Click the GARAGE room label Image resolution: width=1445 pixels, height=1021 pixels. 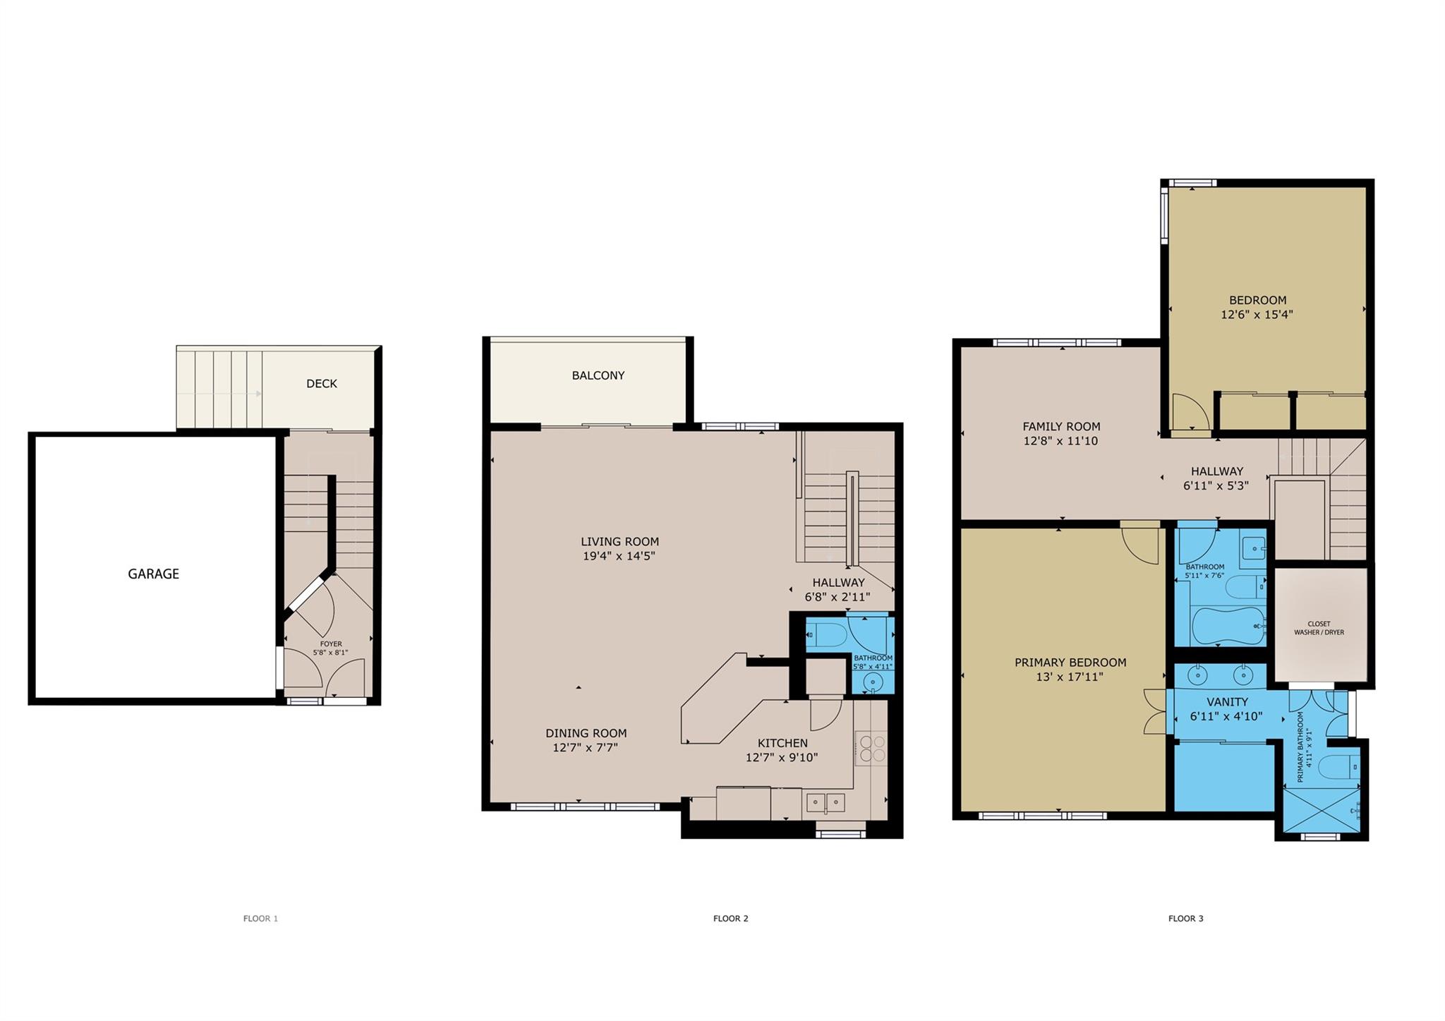click(153, 574)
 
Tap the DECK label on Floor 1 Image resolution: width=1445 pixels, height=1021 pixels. click(322, 384)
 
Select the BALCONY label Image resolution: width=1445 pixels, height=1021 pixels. click(598, 375)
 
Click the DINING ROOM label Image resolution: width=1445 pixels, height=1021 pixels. click(586, 733)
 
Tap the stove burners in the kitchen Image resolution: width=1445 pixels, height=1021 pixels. click(871, 748)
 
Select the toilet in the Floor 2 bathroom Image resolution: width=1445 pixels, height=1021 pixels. click(826, 635)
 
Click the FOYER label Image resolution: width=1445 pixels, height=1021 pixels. click(331, 644)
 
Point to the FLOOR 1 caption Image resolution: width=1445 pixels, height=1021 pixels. click(260, 919)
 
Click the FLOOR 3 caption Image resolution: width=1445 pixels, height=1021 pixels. click(1186, 919)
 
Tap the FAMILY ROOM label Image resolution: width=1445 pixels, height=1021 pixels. click(1061, 426)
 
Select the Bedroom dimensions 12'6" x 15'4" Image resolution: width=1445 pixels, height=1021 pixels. click(1257, 315)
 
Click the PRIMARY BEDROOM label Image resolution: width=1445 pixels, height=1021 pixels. click(1070, 663)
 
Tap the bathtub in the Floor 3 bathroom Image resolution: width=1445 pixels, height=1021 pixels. click(1228, 626)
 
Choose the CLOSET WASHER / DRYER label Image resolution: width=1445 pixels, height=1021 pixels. click(1319, 628)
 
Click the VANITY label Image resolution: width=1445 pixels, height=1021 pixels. click(1228, 702)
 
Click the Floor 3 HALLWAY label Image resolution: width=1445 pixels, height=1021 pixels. click(1217, 471)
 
